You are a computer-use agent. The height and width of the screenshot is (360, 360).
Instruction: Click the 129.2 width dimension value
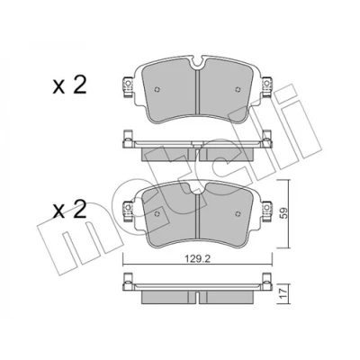point(197,259)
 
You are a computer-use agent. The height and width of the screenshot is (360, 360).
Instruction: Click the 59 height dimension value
point(283,213)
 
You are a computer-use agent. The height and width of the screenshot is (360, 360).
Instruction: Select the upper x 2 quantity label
point(69,85)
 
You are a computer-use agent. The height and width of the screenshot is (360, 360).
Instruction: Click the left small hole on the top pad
point(157,89)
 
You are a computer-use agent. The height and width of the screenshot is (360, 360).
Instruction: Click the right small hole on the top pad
point(238,89)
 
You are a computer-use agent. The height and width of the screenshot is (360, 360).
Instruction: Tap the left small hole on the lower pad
point(157,213)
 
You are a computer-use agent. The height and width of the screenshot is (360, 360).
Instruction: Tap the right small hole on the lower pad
point(238,213)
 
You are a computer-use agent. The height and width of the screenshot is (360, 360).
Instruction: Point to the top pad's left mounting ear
point(128,87)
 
